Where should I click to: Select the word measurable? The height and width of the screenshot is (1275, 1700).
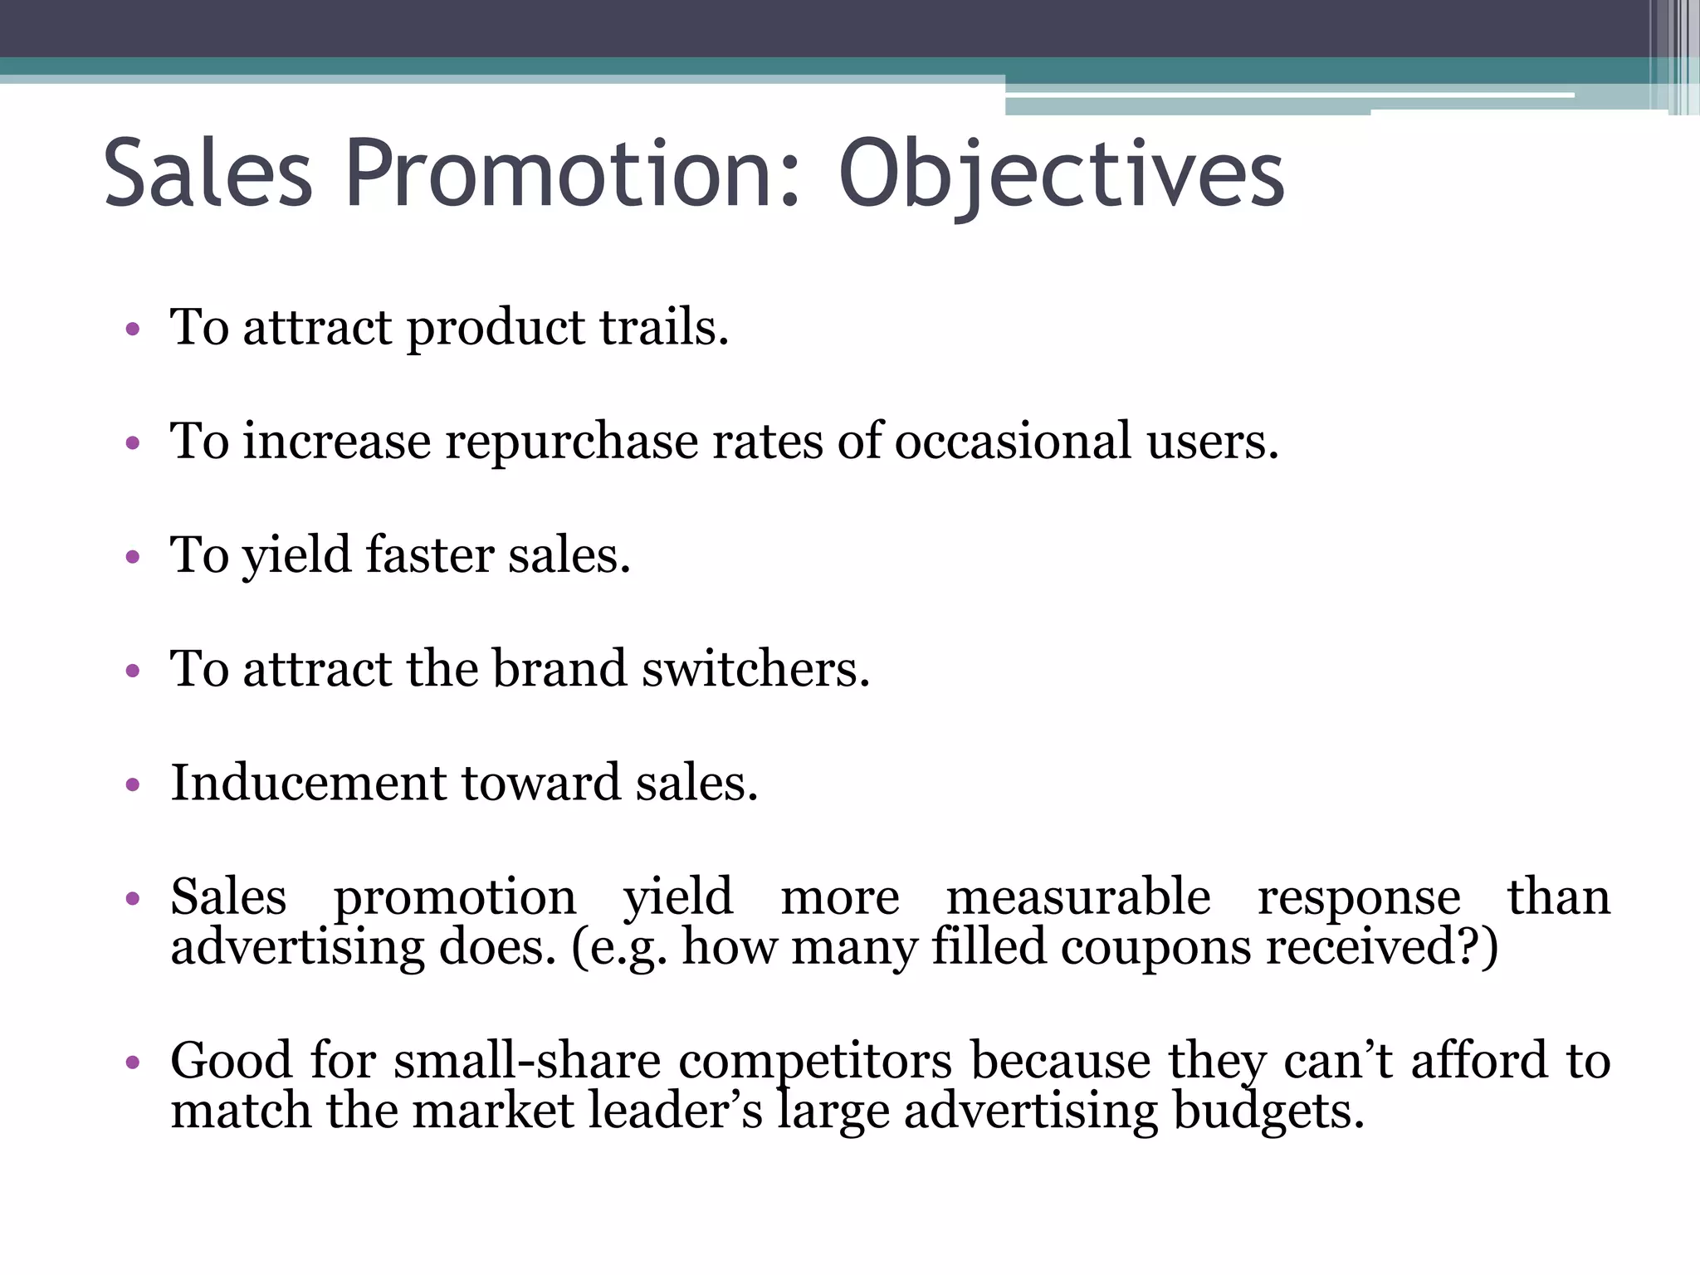click(1077, 897)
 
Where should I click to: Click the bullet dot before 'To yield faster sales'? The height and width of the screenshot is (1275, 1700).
click(132, 557)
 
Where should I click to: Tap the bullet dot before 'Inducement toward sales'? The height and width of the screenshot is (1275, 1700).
click(132, 784)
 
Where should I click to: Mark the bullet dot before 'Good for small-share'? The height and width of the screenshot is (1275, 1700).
click(132, 1062)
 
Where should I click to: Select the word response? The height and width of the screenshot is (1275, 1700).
click(1359, 897)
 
